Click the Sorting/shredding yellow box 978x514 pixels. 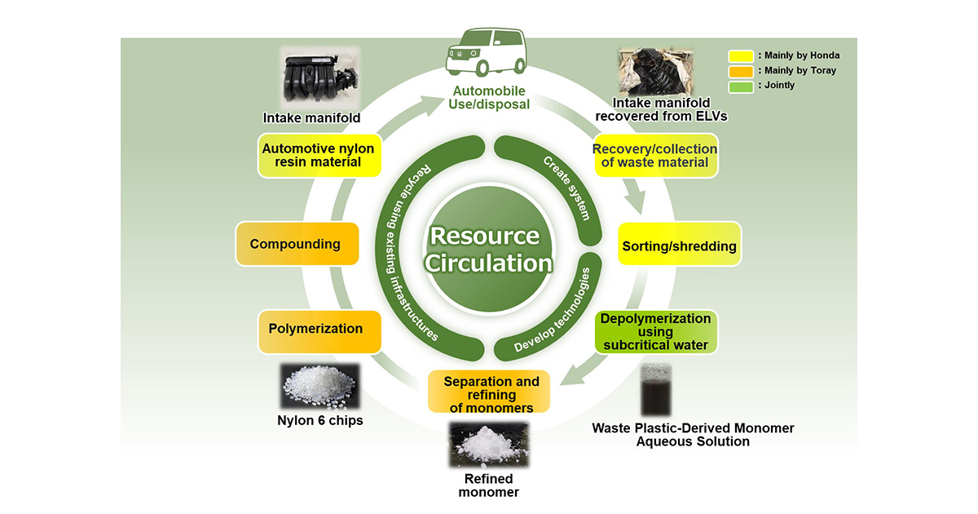(667, 246)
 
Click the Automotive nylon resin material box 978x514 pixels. (318, 155)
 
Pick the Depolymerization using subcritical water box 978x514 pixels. (655, 331)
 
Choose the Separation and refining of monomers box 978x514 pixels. (490, 393)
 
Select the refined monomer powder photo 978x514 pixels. (488, 445)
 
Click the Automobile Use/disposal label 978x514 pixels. (488, 97)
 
